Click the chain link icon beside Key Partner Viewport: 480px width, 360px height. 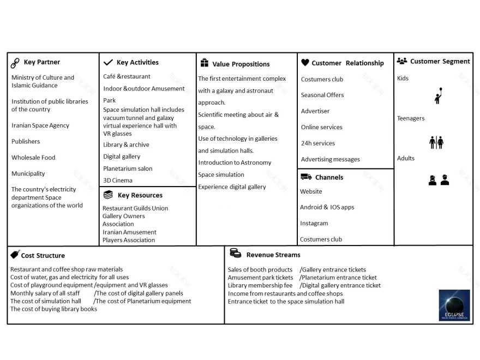tap(15, 63)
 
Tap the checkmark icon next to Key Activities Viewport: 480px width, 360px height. tap(108, 63)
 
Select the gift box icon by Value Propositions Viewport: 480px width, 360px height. tap(205, 63)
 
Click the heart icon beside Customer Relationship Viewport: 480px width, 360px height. tap(305, 63)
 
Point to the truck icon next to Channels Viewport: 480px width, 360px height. tap(306, 177)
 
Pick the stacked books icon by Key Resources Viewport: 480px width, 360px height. tap(108, 195)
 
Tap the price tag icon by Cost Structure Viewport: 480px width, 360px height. tap(15, 254)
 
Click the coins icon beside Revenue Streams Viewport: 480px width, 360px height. tap(235, 253)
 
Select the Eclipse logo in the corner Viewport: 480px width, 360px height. tap(454, 305)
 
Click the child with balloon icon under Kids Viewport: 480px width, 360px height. tap(438, 96)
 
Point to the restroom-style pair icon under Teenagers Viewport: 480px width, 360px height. tap(436, 142)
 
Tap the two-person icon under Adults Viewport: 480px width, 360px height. tap(439, 180)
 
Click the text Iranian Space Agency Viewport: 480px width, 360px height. tap(40, 125)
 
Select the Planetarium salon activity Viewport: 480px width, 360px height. tap(128, 169)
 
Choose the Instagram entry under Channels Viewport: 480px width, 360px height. tap(314, 223)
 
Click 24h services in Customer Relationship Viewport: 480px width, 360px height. tap(318, 143)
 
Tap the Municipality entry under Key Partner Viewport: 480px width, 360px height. tap(28, 173)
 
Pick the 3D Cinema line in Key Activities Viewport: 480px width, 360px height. tap(118, 181)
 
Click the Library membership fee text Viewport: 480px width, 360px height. tap(260, 285)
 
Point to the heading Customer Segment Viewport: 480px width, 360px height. tap(440, 62)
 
